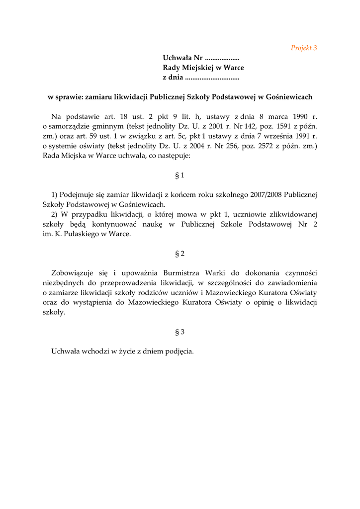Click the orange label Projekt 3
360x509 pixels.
pos(304,48)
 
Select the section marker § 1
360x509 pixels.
pos(180,175)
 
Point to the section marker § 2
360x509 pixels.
pos(180,254)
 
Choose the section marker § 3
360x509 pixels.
pos(180,332)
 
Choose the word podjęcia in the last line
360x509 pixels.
pos(177,351)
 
